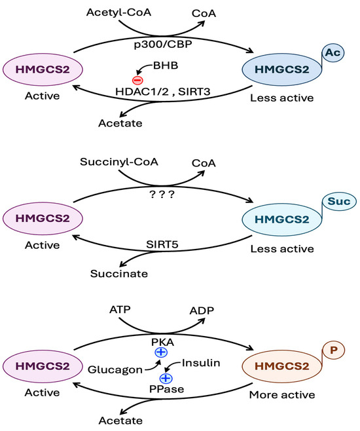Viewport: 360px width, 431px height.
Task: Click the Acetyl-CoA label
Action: [119, 12]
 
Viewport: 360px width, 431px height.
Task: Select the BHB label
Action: [166, 66]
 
